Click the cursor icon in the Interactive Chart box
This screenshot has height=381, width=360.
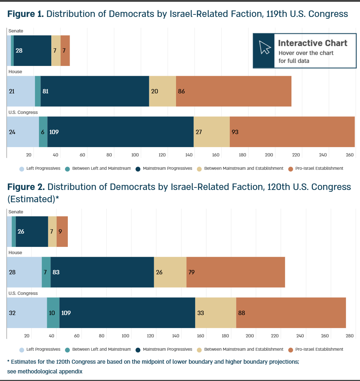(265, 47)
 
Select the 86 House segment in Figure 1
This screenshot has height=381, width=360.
(234, 91)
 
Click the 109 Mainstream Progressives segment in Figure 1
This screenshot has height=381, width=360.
(120, 132)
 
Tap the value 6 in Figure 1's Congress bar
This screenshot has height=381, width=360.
(43, 132)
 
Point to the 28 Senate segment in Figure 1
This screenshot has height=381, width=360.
(32, 50)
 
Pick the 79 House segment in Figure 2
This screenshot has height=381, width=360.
(236, 272)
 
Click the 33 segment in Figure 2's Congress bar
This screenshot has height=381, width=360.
(215, 313)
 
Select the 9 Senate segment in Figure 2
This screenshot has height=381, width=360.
(62, 231)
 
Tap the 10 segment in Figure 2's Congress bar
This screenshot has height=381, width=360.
(53, 313)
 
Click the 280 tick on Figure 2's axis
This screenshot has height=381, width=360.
(350, 336)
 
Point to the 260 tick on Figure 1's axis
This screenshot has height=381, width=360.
(350, 155)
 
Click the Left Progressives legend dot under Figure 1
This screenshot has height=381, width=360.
(22, 169)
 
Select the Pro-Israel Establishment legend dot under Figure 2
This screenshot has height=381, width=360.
(290, 350)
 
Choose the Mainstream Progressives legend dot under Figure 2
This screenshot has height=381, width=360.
(138, 350)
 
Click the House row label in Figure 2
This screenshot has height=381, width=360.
(15, 252)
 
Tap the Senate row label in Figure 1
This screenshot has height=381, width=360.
(16, 31)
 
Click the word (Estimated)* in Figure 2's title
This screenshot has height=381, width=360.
(33, 199)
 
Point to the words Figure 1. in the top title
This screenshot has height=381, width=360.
(26, 14)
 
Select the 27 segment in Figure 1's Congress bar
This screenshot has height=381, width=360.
(212, 132)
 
